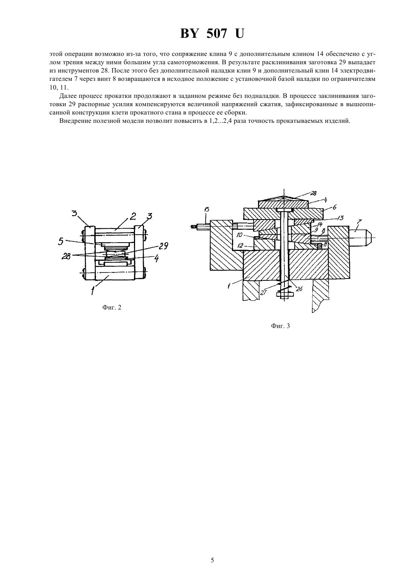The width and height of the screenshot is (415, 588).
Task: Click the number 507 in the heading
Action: pyautogui.click(x=217, y=34)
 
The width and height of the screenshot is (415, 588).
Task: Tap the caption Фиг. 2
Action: pyautogui.click(x=112, y=307)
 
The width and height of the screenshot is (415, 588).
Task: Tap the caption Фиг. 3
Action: pyautogui.click(x=280, y=326)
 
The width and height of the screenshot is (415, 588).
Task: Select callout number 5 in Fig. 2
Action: pyautogui.click(x=61, y=241)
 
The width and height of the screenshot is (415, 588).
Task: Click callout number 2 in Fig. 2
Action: pyautogui.click(x=133, y=216)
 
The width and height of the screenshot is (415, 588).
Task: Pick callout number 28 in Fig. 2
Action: pyautogui.click(x=66, y=257)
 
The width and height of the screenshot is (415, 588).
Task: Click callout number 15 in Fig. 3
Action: pyautogui.click(x=207, y=209)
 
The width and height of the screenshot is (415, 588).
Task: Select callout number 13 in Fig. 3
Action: pyautogui.click(x=340, y=218)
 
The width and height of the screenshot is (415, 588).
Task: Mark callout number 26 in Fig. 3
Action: pyautogui.click(x=299, y=289)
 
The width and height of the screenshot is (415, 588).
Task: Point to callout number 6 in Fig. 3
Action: pyautogui.click(x=335, y=207)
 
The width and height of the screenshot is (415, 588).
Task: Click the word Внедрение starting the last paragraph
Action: pyautogui.click(x=74, y=121)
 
